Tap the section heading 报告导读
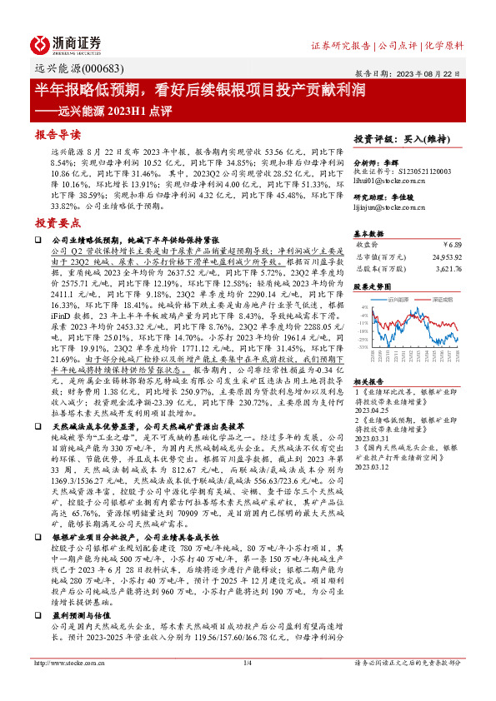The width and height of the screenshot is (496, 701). [58, 134]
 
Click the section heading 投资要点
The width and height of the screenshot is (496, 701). [58, 223]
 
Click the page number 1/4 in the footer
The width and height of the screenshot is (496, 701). [248, 685]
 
